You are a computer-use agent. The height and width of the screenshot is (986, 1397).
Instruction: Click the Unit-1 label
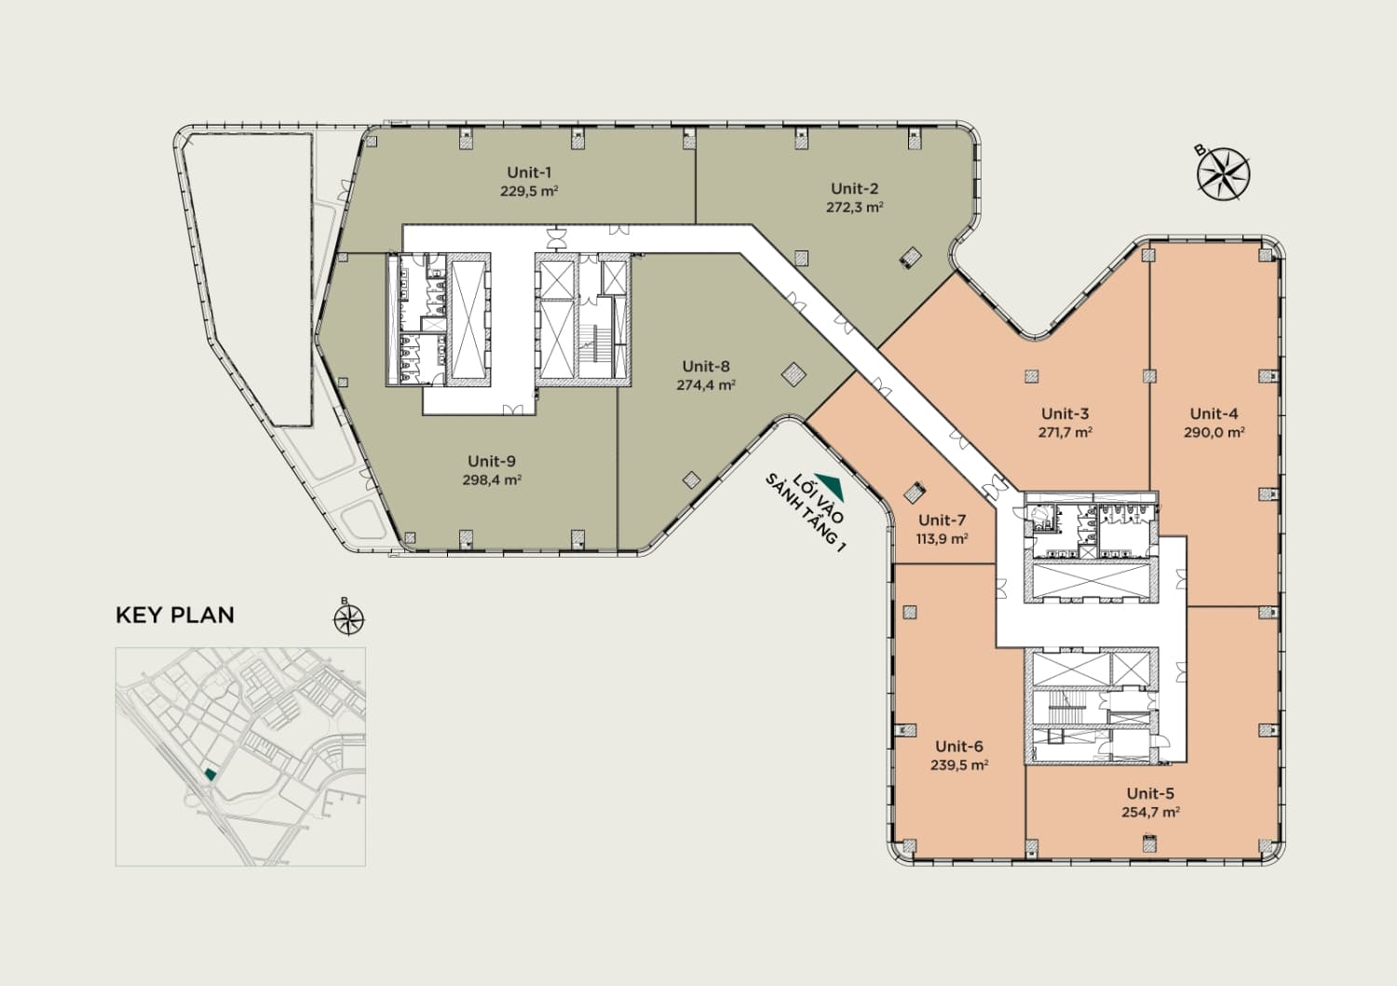click(529, 173)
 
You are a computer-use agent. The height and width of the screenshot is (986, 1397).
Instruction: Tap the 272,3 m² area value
click(854, 207)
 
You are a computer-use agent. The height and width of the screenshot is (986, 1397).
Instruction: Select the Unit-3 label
click(1065, 413)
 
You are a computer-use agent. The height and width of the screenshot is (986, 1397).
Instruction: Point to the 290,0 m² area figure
click(1214, 432)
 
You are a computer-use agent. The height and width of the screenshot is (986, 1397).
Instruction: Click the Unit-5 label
click(1150, 793)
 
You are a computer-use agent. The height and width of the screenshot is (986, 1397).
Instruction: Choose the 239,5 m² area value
click(959, 764)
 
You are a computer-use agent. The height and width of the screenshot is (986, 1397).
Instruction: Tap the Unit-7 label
click(942, 520)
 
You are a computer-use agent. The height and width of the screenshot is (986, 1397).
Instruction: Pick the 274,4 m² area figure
click(706, 385)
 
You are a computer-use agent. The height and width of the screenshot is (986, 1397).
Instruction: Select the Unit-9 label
click(492, 462)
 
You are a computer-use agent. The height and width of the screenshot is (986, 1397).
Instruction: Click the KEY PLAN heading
click(175, 615)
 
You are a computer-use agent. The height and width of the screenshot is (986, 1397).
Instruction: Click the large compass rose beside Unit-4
click(1223, 173)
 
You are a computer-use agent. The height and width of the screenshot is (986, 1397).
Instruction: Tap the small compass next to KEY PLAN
click(348, 618)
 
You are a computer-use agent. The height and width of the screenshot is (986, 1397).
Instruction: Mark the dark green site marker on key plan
click(210, 774)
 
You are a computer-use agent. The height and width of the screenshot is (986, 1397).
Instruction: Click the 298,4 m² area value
click(492, 480)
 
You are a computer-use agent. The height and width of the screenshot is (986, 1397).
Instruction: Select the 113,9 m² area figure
click(942, 538)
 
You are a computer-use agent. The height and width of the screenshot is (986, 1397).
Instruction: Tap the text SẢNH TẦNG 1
click(806, 513)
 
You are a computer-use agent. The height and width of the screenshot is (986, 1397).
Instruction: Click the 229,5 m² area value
click(529, 192)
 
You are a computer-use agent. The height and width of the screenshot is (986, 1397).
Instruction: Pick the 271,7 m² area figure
click(1065, 432)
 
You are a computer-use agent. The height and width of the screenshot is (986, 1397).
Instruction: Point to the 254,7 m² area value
click(1150, 812)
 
